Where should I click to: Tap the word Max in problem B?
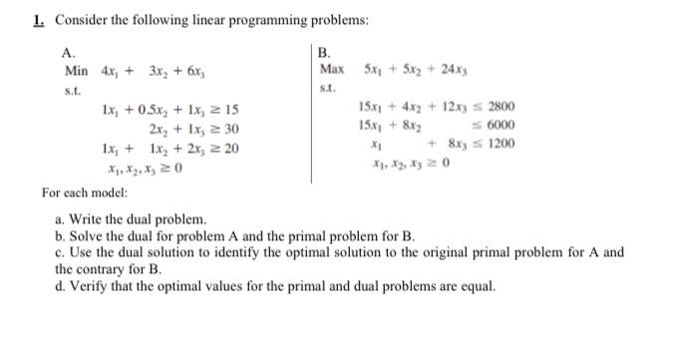[x=332, y=69]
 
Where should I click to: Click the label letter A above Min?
[x=68, y=53]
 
